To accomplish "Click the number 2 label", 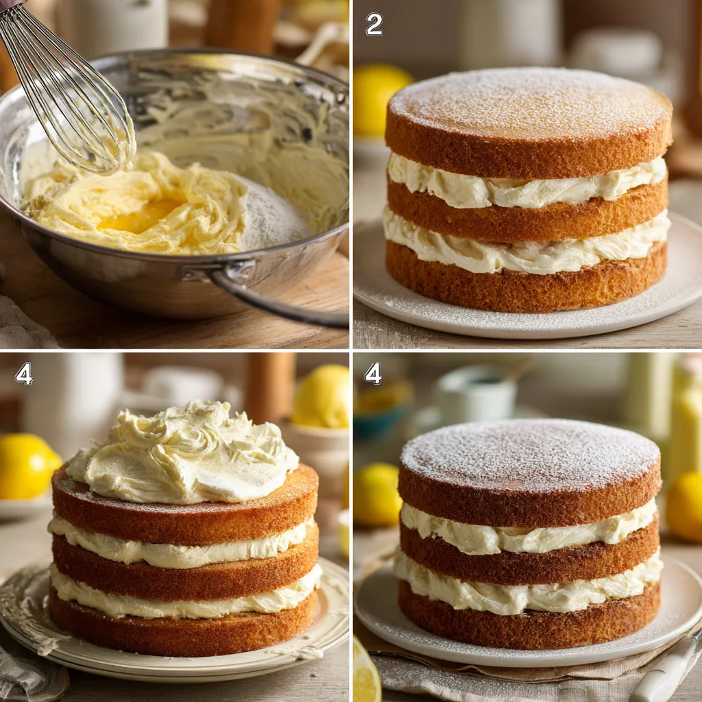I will tap(374, 25).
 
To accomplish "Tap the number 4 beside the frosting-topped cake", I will tap(24, 374).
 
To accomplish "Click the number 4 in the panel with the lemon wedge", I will tap(374, 374).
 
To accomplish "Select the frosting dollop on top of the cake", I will tap(185, 452).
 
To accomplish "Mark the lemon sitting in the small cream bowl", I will tap(321, 398).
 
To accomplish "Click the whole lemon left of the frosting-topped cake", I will tap(26, 466).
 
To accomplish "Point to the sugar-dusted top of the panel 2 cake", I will tap(528, 103).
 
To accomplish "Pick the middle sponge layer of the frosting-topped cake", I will tap(185, 569).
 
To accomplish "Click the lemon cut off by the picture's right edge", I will tap(686, 507).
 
